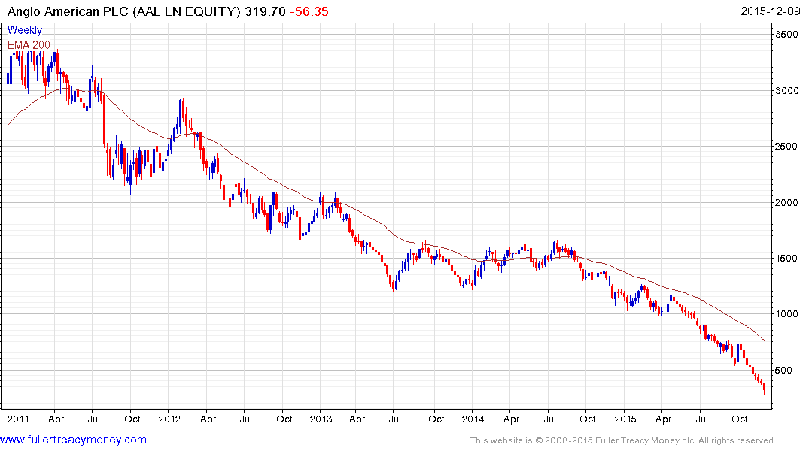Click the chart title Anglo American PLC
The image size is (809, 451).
tap(68, 11)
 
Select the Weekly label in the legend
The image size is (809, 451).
tap(25, 30)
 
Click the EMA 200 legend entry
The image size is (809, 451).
tap(29, 44)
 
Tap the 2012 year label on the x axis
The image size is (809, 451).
tap(169, 419)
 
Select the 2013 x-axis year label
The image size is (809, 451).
tap(321, 419)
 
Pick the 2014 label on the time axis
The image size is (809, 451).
tap(473, 419)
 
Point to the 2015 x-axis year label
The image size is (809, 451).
tap(625, 419)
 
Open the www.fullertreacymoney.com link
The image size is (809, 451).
tap(74, 440)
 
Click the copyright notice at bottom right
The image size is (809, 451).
tap(622, 440)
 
